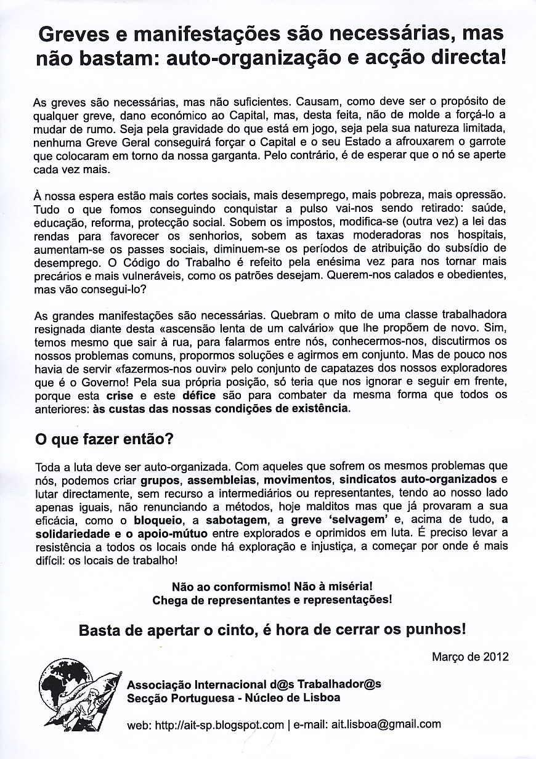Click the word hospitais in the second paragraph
tap(480, 236)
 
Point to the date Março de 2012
tap(471, 657)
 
